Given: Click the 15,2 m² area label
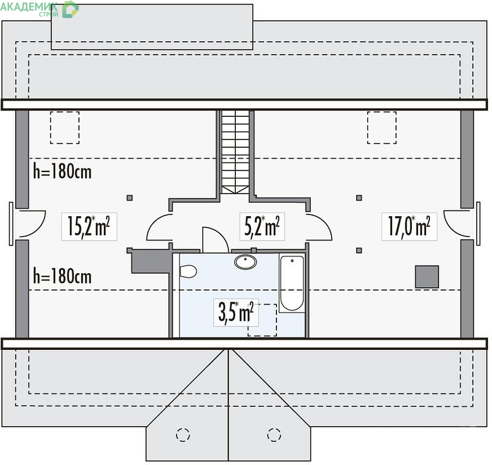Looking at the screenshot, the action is (89, 227).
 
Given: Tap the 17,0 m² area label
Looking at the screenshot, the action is (409, 227).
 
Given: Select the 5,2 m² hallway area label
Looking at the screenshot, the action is (262, 227).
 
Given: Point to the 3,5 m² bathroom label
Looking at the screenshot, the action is (236, 312).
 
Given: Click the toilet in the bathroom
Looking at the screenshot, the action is (188, 271).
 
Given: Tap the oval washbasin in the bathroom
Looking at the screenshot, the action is (245, 262).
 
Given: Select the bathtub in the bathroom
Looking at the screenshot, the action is (292, 283).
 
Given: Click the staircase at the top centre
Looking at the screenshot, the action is (235, 152).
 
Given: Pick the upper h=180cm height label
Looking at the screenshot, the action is (62, 171).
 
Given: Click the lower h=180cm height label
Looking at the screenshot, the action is (62, 276).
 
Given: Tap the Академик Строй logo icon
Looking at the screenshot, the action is (70, 9).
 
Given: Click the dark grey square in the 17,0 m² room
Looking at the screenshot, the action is (427, 277).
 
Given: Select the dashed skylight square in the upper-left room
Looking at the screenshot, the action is (64, 127).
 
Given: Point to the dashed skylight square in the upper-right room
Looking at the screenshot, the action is (382, 127).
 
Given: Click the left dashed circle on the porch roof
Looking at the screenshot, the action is (183, 435).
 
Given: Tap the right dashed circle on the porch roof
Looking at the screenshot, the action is (274, 435).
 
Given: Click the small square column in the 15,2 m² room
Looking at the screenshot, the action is (130, 198).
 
